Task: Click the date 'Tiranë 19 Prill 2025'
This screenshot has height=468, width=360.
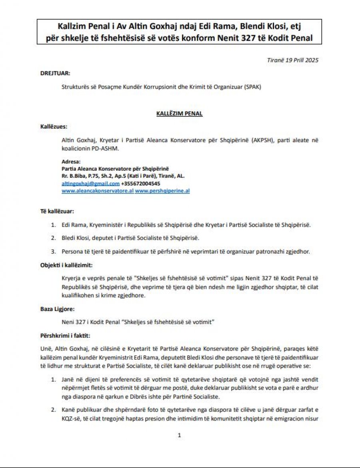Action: (x=293, y=60)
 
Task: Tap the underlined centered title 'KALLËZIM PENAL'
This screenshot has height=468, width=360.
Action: (x=180, y=114)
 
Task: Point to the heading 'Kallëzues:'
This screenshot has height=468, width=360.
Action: (x=54, y=127)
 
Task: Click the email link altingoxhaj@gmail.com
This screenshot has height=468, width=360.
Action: (x=90, y=183)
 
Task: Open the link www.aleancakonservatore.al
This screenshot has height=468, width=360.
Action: (x=97, y=191)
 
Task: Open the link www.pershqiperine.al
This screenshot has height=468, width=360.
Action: (x=162, y=191)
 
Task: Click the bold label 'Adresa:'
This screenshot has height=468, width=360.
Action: (x=71, y=161)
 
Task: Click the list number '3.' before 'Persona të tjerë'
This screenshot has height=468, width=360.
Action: (x=53, y=251)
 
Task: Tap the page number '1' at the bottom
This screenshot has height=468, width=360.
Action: (x=179, y=435)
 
